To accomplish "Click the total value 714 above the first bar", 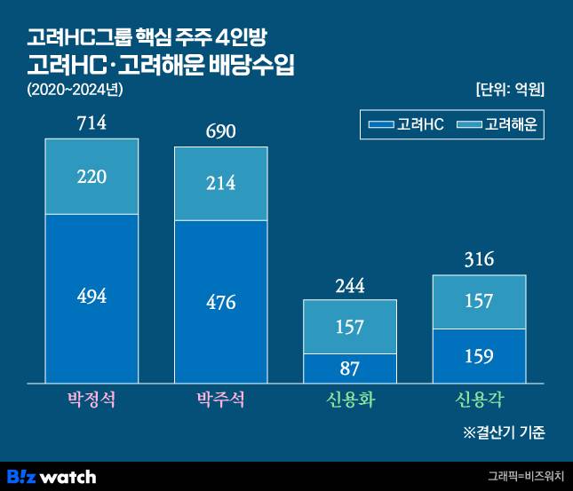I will click(x=92, y=123).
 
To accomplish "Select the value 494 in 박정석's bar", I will click(x=92, y=297).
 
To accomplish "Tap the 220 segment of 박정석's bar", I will click(x=92, y=177).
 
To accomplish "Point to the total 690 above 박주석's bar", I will click(x=220, y=131).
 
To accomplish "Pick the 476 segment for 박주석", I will click(x=220, y=302).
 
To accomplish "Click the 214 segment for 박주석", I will click(x=220, y=184).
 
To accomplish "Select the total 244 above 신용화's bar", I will click(x=350, y=286).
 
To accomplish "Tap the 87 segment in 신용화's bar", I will click(x=350, y=368).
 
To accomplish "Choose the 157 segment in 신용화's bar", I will click(x=350, y=327).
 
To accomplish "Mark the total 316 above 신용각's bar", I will click(x=479, y=259).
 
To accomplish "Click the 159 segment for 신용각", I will click(x=479, y=355).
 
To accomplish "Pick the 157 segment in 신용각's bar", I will click(x=479, y=302).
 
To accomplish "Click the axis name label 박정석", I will click(x=92, y=400).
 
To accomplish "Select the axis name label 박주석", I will click(x=220, y=400).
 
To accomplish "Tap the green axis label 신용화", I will click(x=350, y=400).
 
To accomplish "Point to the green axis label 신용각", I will click(x=479, y=400).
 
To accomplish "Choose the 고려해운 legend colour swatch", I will click(x=469, y=125).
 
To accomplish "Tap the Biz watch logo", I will click(x=51, y=476).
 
